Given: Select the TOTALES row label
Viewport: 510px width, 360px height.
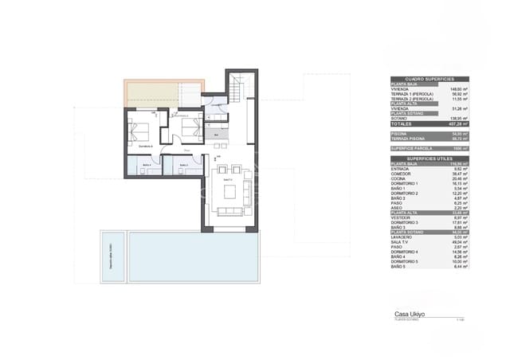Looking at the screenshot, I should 402,124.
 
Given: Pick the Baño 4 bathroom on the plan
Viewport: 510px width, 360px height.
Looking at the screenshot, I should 145,166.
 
